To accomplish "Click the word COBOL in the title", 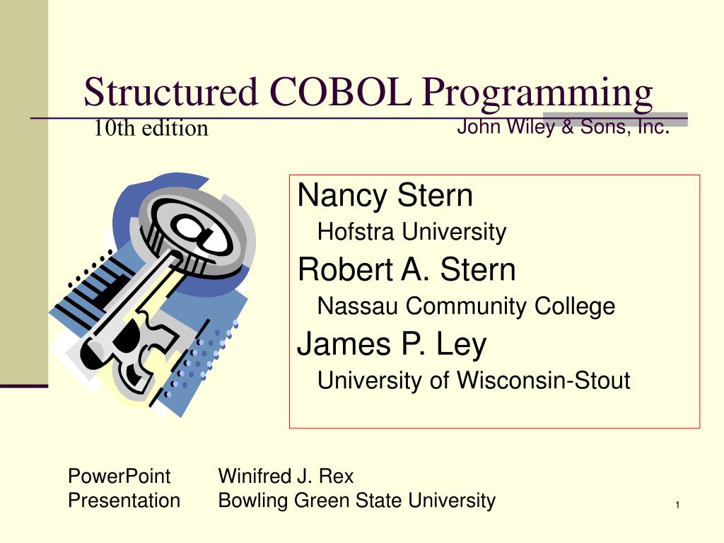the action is click(340, 91).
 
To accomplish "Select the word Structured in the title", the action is click(170, 91).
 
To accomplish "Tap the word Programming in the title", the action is click(537, 95).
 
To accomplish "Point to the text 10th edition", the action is click(151, 128).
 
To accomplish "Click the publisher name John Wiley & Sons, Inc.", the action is click(564, 127).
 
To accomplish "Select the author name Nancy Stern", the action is click(385, 195).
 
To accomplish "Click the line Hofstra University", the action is click(412, 232).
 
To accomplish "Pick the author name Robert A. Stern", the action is click(407, 269).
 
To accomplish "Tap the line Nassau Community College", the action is click(467, 306).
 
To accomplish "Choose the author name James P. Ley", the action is click(392, 344).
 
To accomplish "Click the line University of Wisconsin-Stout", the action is click(474, 380).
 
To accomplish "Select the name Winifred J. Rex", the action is click(286, 476).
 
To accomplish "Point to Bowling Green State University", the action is click(356, 501).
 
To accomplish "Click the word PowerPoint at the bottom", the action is click(119, 476).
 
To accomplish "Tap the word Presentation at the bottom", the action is click(124, 501).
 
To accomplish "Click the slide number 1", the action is click(677, 505).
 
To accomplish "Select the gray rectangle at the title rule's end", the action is click(615, 119).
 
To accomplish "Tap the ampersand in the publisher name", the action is click(568, 127).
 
